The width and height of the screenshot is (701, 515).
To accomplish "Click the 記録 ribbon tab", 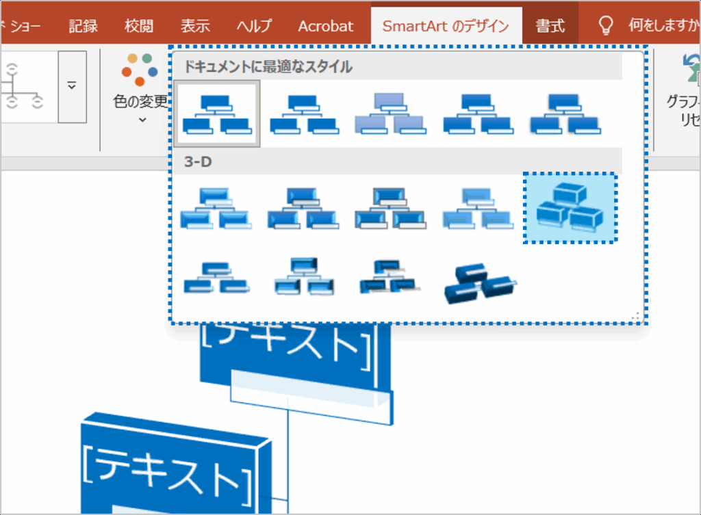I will click(83, 26).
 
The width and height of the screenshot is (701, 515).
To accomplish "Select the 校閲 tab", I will click(139, 26).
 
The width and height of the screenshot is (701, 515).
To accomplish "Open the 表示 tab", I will click(195, 26).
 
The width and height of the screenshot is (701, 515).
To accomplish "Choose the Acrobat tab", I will click(326, 26).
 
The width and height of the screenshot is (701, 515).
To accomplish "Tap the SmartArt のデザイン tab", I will click(446, 26).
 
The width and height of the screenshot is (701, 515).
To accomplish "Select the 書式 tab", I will click(550, 26).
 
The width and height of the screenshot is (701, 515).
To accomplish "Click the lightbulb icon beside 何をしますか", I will click(606, 25).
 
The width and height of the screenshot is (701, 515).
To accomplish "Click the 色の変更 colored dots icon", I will click(140, 69).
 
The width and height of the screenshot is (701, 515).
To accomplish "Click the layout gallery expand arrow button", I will click(72, 86).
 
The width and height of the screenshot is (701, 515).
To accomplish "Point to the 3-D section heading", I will click(198, 162).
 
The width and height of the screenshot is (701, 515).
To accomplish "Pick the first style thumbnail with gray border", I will click(216, 114).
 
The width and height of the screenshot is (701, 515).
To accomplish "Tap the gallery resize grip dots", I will click(636, 316).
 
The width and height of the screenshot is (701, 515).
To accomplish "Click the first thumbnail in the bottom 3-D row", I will click(216, 277).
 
